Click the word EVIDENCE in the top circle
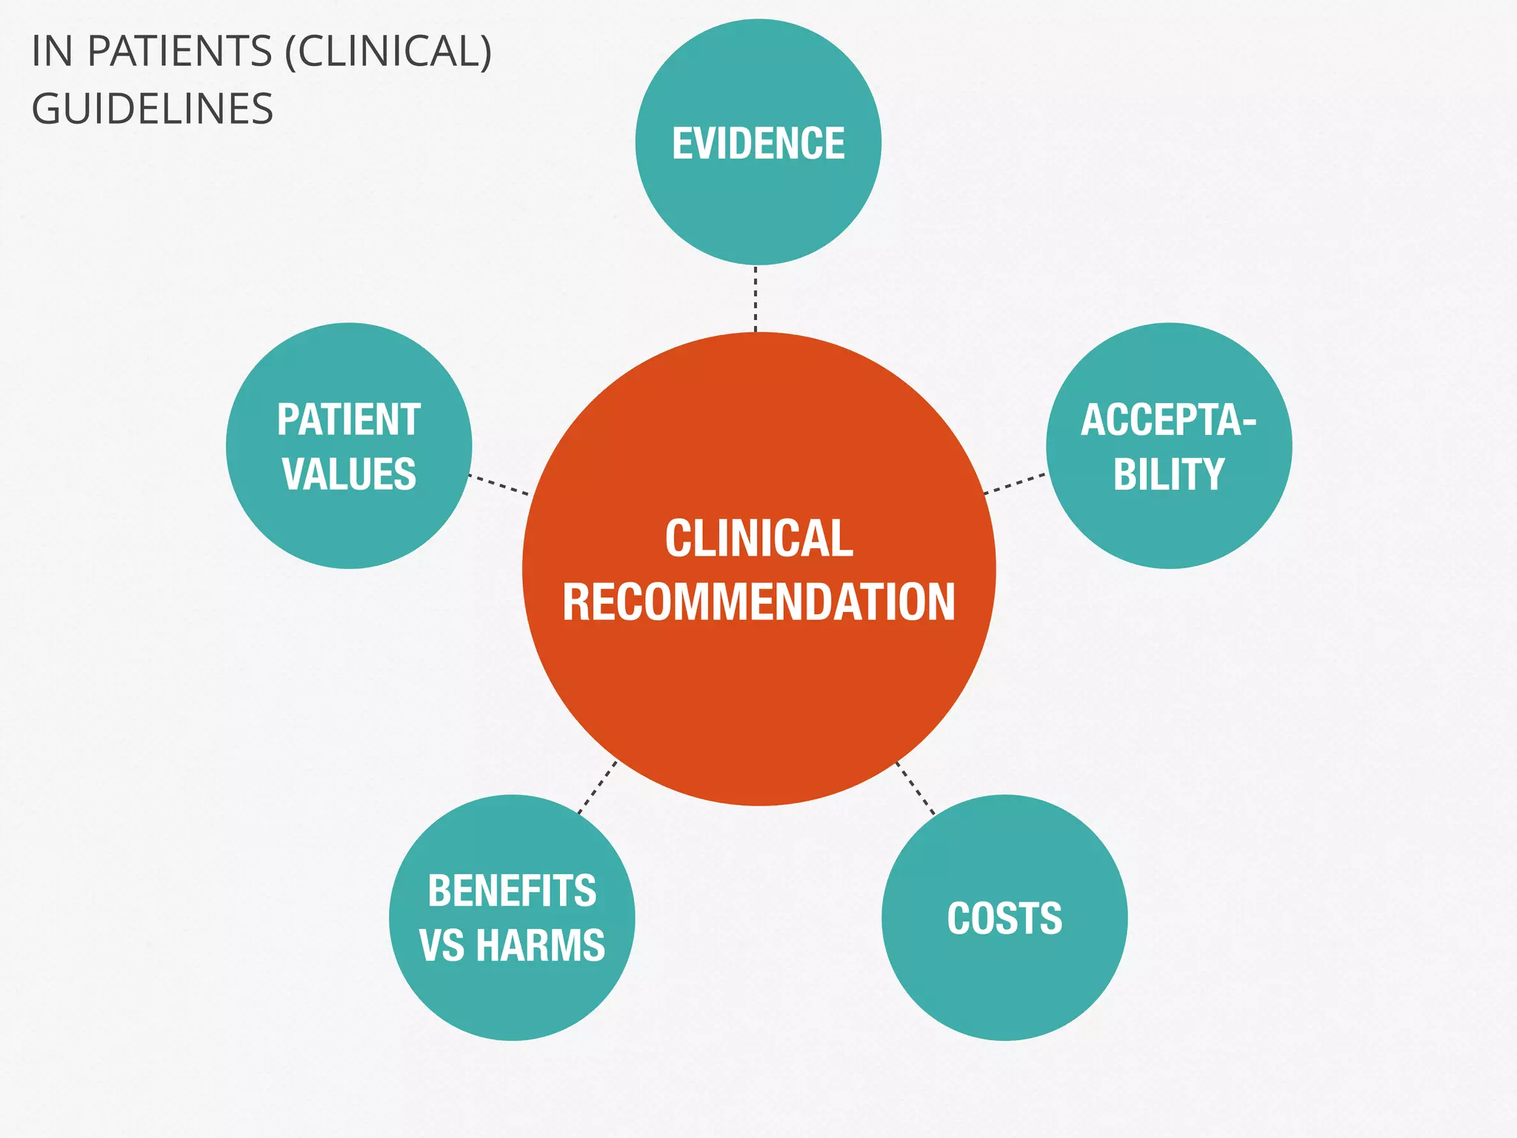pos(758,143)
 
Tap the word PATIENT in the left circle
pos(349,420)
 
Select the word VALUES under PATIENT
pos(349,474)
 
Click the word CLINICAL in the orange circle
pos(758,538)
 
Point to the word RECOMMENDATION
pos(758,602)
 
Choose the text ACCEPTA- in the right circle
pos(1168,420)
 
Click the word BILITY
pos(1169,474)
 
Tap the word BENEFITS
pos(512,891)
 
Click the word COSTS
pos(1004,919)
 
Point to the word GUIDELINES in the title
pos(153,109)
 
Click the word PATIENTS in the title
pos(180,52)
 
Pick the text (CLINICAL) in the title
pos(388,52)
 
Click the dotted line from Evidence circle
pos(756,299)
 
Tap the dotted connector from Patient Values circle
pos(499,485)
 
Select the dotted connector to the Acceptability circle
pos(1015,483)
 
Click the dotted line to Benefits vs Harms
pos(597,788)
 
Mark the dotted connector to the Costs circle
pos(916,788)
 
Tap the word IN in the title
pos(52,52)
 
